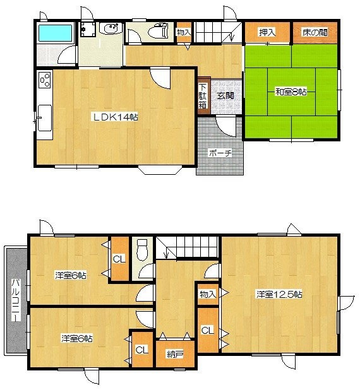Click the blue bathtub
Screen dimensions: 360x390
[x=56, y=32]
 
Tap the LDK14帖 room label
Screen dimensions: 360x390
[x=116, y=117]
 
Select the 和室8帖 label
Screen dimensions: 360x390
[x=291, y=92]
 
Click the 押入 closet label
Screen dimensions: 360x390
[x=267, y=32]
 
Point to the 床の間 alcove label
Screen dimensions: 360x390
[x=315, y=32]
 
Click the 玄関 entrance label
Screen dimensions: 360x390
[x=225, y=95]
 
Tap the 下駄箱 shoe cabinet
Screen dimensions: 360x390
[x=203, y=97]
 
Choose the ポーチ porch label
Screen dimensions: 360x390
[x=220, y=153]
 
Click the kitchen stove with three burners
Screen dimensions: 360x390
[x=45, y=80]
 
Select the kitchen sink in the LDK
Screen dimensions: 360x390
[x=45, y=118]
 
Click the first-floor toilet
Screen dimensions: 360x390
[x=158, y=30]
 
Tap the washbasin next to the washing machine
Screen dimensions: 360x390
[x=111, y=28]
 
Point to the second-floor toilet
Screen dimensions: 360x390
[x=142, y=250]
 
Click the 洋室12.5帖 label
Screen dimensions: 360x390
[x=279, y=295]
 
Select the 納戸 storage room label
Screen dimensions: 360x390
[x=175, y=355]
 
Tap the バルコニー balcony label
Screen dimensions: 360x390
[x=16, y=300]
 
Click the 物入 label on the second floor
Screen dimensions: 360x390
[x=208, y=295]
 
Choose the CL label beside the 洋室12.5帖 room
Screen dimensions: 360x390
[x=207, y=331]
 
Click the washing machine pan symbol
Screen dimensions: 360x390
[x=88, y=30]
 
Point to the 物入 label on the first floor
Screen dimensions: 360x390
[x=184, y=32]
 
